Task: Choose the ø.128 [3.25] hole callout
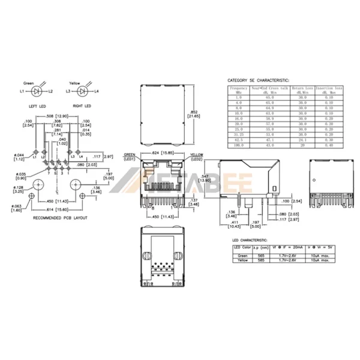22,190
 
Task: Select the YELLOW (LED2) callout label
196,157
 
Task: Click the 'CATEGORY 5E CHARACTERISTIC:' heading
258,80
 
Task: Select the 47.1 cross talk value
271,140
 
